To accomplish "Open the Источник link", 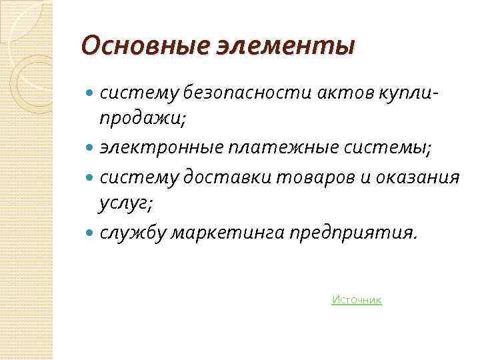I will click(x=356, y=300).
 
